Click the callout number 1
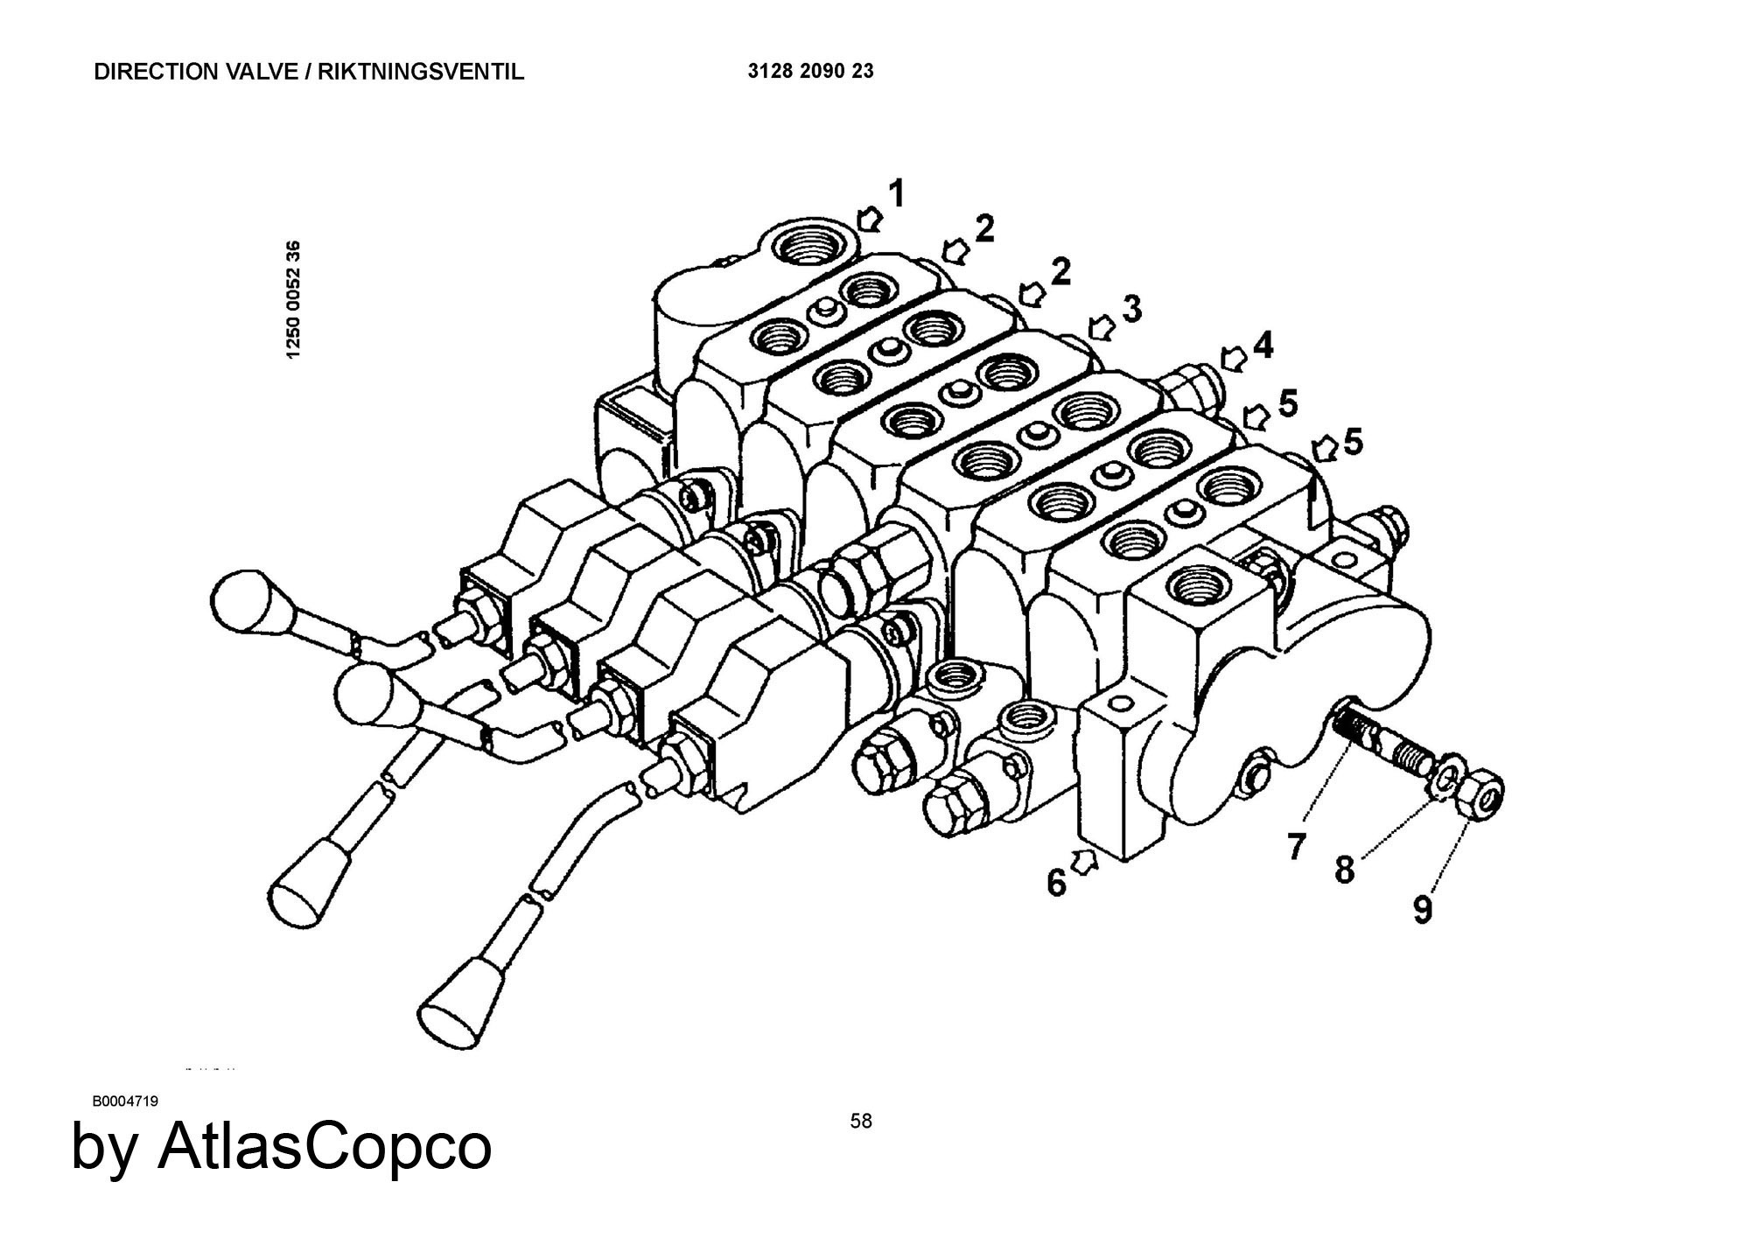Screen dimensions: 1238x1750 (897, 194)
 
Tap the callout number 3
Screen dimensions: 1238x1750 (1132, 309)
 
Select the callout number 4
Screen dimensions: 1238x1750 (1263, 346)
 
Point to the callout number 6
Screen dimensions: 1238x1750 (1057, 884)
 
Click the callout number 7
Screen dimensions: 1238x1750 (1297, 846)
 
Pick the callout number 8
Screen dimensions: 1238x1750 (1345, 870)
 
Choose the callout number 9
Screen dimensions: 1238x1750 (1424, 910)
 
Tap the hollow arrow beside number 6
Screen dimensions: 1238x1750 (1085, 862)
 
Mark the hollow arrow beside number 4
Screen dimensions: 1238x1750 (1234, 358)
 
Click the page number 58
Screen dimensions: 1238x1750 (861, 1121)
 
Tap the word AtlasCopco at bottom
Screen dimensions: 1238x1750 (324, 1146)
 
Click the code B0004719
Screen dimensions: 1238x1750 (125, 1101)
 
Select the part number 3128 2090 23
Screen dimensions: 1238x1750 (810, 72)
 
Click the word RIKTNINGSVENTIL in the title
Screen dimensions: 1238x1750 (421, 72)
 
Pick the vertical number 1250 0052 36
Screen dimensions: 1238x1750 (294, 298)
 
